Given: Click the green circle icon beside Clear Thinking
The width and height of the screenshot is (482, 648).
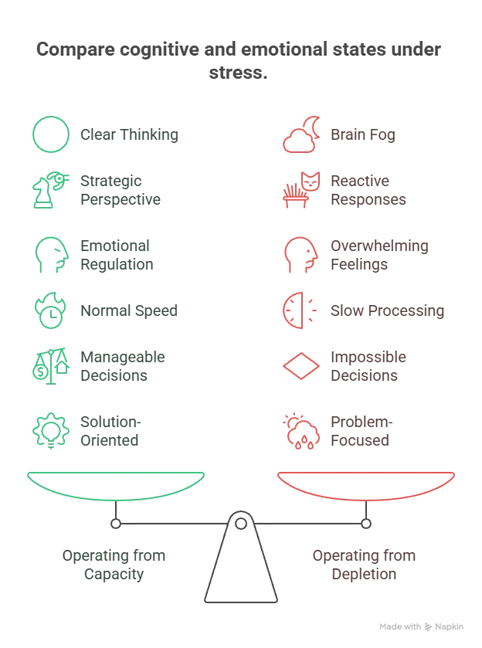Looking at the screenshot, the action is tap(51, 117).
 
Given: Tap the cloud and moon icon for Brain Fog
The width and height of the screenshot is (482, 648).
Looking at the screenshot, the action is tap(301, 134).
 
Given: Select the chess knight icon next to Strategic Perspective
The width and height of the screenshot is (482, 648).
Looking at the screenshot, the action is tap(43, 195).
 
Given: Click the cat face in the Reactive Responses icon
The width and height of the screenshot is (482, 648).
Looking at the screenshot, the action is tap(311, 182).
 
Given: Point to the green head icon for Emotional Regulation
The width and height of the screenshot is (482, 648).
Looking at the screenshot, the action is tap(52, 255).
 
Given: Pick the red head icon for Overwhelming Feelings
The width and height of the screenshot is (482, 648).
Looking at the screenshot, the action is tap(301, 255).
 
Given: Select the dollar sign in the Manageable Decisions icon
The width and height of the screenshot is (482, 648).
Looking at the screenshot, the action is tap(40, 372).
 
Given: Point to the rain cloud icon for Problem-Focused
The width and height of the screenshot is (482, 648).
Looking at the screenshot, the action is tap(301, 431).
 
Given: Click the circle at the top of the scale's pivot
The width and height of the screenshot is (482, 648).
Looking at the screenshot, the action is tap(241, 524).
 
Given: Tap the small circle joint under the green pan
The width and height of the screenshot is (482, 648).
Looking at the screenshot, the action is tap(116, 524).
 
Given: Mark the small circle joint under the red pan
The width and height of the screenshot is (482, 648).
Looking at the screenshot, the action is tap(366, 524).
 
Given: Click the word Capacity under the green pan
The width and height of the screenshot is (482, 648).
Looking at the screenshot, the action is tap(114, 575).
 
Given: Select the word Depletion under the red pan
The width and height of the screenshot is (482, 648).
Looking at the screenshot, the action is tap(364, 575).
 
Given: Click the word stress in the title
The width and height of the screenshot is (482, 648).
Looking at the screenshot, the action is tap(238, 73).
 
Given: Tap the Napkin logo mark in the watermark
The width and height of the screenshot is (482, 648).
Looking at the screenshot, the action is tap(428, 627).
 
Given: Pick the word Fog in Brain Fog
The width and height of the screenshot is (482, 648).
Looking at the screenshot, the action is tap(382, 135).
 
